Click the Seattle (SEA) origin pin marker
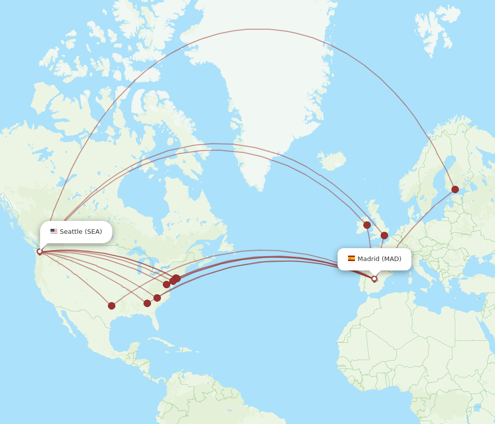[40, 252]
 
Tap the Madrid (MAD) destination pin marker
[374, 278]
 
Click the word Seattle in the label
[71, 232]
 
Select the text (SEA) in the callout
[93, 232]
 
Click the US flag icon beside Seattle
[54, 231]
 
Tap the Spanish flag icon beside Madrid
[351, 259]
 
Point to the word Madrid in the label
[368, 259]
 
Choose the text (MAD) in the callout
[392, 259]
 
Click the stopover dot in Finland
[455, 189]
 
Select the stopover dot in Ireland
[367, 225]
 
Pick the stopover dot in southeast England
[384, 235]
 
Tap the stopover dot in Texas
[111, 306]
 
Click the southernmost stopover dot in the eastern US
[147, 303]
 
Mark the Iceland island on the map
[332, 161]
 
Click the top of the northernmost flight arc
[267, 29]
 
